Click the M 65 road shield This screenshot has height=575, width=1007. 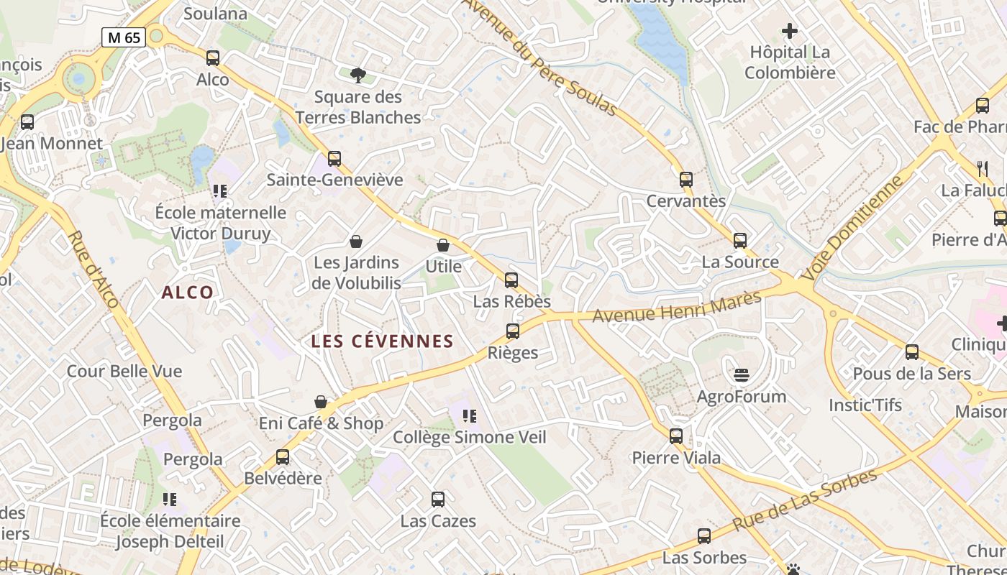tap(124, 37)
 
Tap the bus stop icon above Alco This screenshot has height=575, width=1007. tap(213, 58)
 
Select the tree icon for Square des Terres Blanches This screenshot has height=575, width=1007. tap(357, 75)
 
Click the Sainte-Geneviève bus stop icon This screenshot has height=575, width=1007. tap(334, 159)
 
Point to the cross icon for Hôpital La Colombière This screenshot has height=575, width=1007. tap(790, 31)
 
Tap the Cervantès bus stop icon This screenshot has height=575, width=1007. tap(686, 180)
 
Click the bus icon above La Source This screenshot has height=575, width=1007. tap(740, 241)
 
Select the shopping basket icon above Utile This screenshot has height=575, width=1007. tap(443, 246)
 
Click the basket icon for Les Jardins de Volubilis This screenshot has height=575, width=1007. tap(355, 241)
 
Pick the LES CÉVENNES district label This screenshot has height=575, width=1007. tap(382, 341)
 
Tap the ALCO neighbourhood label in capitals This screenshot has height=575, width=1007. tap(188, 293)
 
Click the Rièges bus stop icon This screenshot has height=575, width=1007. tap(513, 331)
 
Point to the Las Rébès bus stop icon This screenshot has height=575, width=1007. tap(511, 280)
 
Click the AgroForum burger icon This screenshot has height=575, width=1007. tap(742, 375)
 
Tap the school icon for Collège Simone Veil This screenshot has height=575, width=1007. tap(470, 416)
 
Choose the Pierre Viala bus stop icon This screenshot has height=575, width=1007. tap(676, 436)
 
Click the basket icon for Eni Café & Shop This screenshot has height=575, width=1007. tap(321, 402)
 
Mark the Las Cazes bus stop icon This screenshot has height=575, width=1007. tap(438, 500)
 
